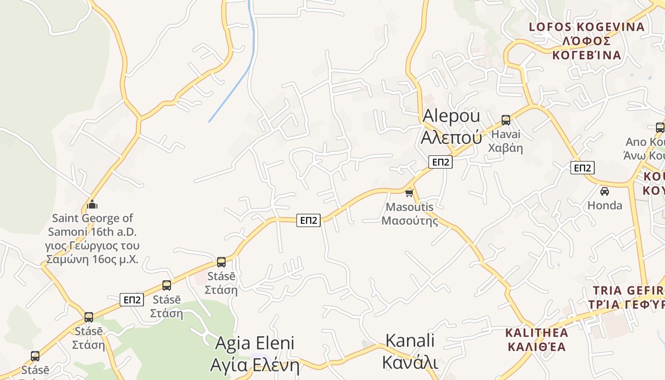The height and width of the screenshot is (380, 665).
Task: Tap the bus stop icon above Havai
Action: click(506, 120)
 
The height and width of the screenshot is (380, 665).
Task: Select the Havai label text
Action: click(506, 141)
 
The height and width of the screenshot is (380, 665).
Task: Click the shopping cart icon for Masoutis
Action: click(409, 193)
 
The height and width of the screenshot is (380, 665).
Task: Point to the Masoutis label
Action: click(409, 214)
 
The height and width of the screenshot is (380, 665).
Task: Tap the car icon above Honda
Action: click(604, 191)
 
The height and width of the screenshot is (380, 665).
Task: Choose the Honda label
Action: click(605, 205)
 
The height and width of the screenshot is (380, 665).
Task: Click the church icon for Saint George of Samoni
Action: click(92, 205)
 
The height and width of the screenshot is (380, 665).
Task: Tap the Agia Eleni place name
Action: click(255, 354)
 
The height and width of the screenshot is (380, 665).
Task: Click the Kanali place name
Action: click(410, 351)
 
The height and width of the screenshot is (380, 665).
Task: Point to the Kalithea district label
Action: click(536, 339)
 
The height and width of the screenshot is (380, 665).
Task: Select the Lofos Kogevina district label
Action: click(587, 41)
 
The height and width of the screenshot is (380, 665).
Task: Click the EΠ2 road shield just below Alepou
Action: click(440, 162)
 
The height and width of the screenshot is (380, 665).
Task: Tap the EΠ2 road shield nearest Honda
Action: click(582, 168)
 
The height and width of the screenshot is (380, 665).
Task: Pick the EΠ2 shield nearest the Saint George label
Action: click(132, 300)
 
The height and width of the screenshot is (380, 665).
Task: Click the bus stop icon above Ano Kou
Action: click(660, 127)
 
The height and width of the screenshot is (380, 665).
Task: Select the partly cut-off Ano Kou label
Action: click(645, 149)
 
